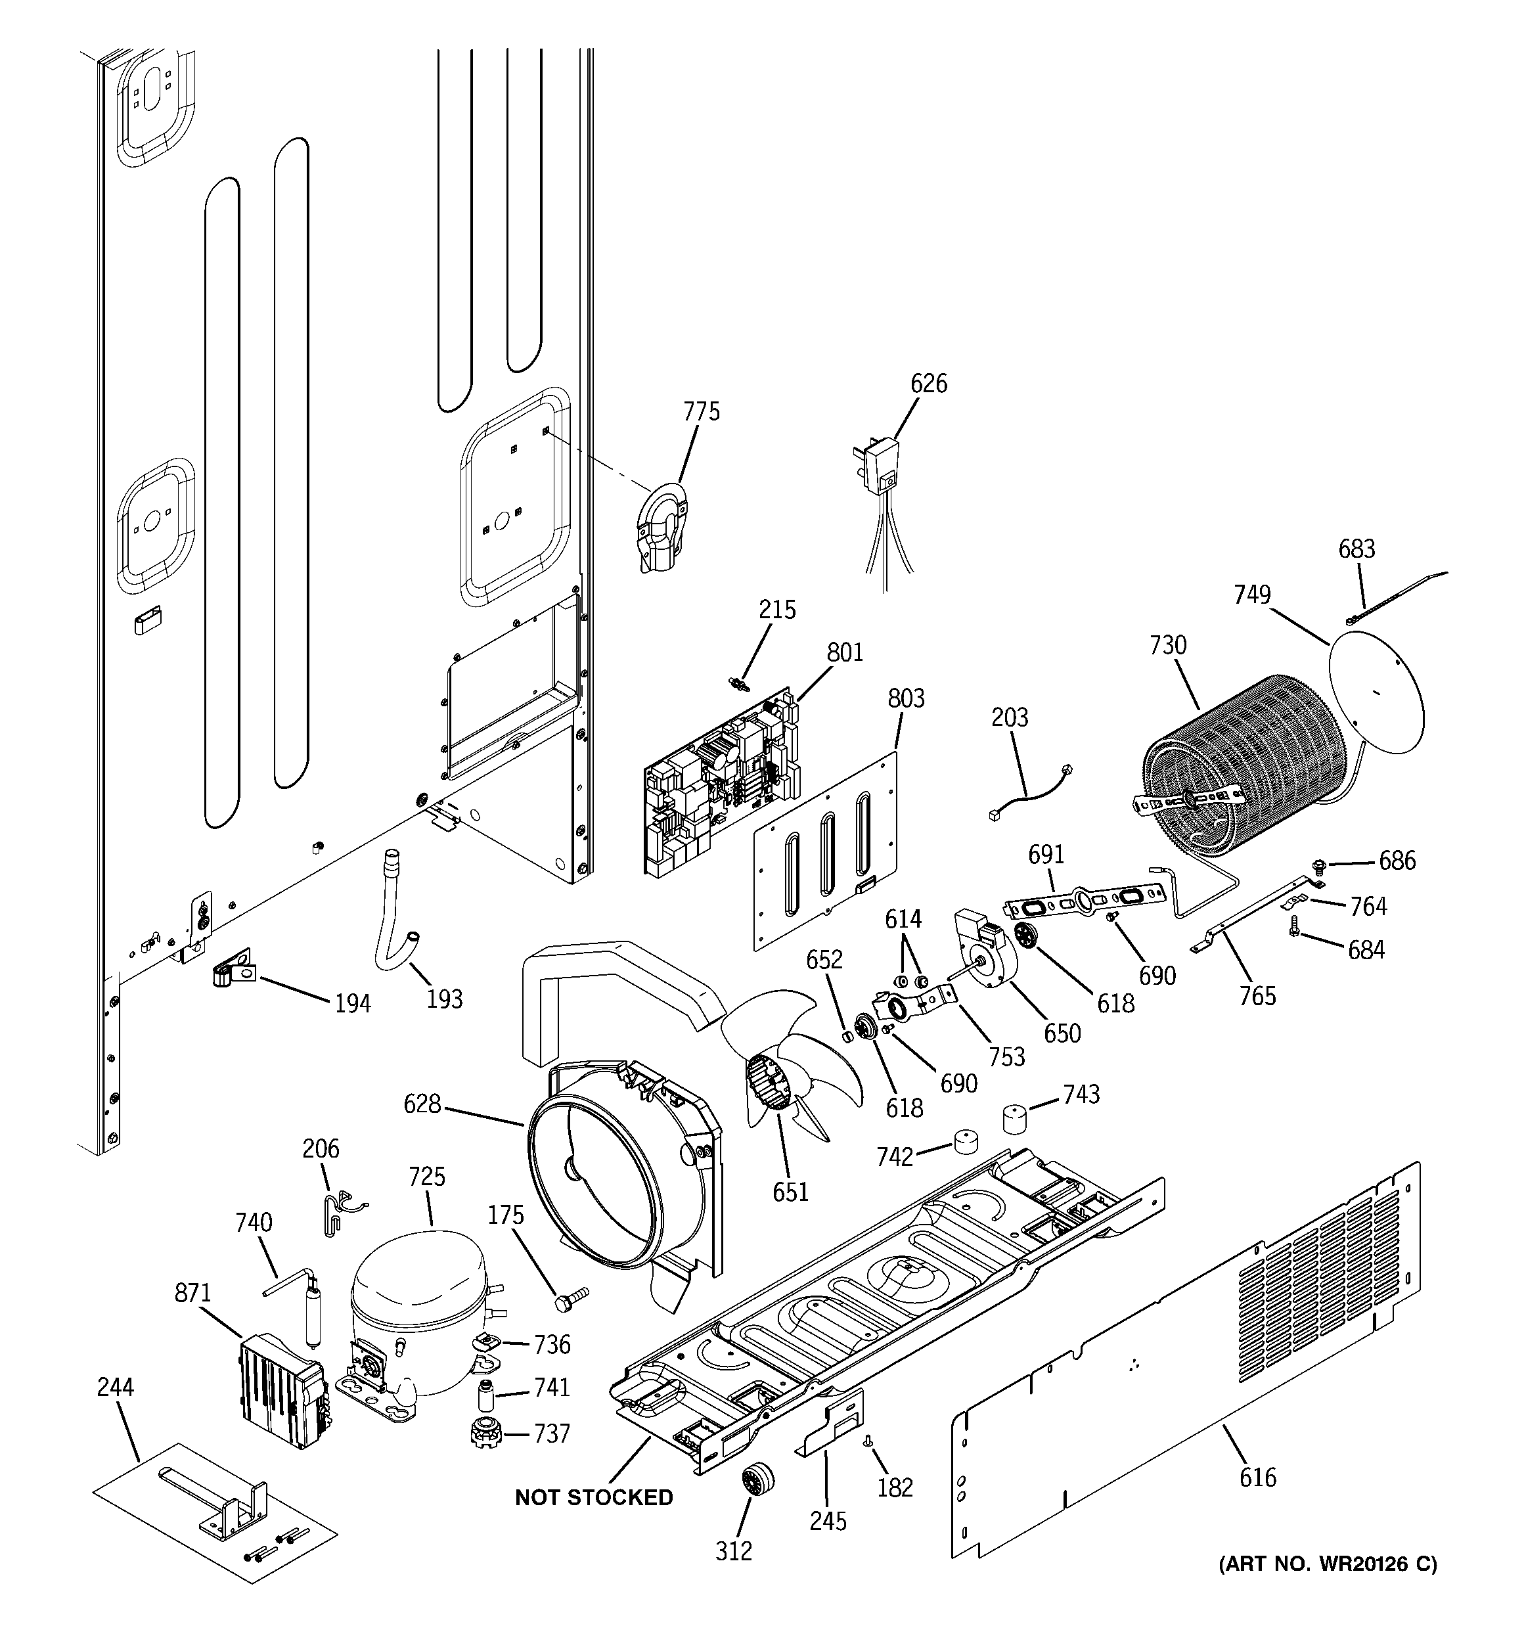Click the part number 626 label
(928, 383)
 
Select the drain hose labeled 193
(394, 915)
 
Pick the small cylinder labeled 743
(1015, 1118)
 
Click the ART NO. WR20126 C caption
(1328, 1564)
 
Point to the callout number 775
(702, 411)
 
